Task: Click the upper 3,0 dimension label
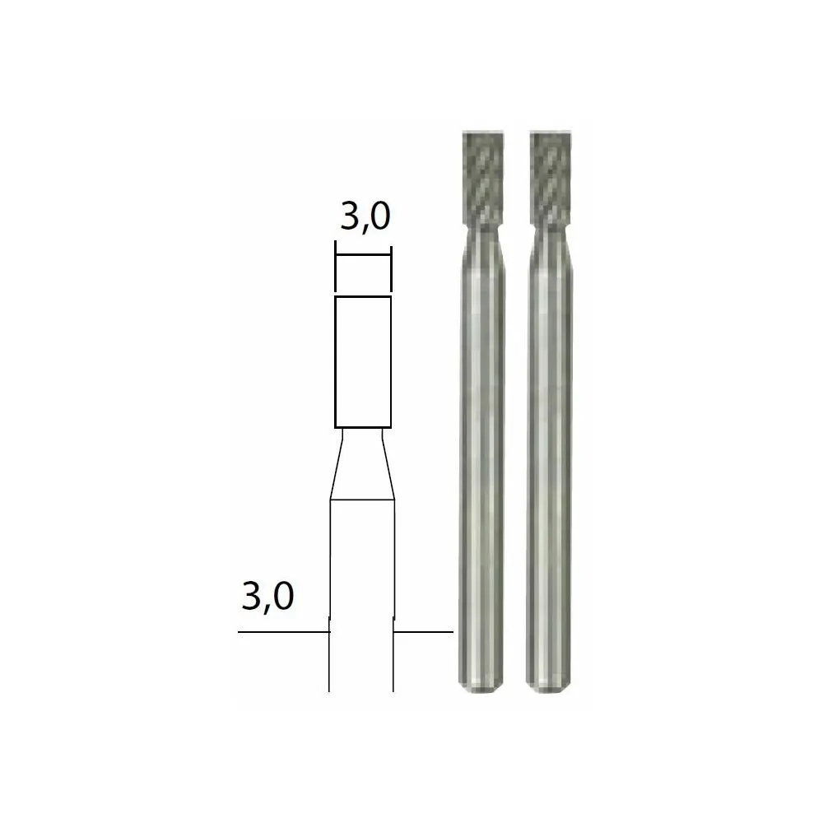point(365,217)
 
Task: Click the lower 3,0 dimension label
point(267,596)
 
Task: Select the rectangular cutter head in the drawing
point(363,362)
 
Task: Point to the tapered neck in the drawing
point(362,464)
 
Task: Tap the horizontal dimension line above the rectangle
point(363,256)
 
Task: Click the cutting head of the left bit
point(483,179)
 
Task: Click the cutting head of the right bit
point(551,179)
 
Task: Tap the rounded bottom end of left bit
point(481,684)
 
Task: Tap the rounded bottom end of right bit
point(548,684)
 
